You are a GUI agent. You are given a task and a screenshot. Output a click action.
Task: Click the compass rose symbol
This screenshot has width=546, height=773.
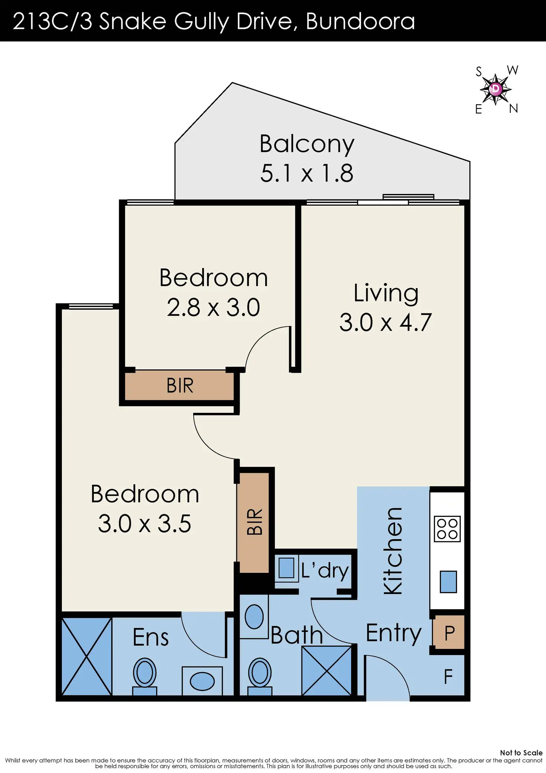pos(496,89)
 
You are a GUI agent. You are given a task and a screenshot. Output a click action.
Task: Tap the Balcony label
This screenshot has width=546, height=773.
pos(307,144)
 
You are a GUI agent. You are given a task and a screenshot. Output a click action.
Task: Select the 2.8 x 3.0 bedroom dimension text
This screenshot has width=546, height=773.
pos(213,307)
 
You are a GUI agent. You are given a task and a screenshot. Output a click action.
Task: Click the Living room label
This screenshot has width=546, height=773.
pos(386,293)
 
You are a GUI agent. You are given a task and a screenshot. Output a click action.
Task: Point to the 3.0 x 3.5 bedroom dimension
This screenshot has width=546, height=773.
pos(145,524)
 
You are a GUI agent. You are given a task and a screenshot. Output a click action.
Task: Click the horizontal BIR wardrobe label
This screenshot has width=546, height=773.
pos(180,385)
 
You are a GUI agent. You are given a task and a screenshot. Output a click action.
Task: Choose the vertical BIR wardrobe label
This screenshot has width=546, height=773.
pos(255,521)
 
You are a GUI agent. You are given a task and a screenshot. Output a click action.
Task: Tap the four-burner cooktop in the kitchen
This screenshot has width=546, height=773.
pos(447,529)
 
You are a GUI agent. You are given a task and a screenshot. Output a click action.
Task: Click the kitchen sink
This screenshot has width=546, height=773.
pos(448,582)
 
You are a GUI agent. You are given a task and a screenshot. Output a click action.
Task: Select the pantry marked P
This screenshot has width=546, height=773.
pos(449,633)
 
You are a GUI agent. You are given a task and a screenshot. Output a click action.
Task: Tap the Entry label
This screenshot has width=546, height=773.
pos(394,633)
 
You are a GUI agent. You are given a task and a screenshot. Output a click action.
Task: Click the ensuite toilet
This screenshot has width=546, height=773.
pos(145,676)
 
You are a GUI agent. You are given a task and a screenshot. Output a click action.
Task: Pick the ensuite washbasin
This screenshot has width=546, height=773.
pos(202,681)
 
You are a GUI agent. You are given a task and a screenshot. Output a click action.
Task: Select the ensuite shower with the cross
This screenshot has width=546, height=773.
pos(87,656)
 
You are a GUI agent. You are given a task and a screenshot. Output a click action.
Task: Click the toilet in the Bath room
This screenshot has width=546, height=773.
pos(260,676)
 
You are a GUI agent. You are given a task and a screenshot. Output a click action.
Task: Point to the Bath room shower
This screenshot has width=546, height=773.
pos(326,671)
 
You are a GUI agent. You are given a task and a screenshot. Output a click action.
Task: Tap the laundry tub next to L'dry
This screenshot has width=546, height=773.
pos(286,568)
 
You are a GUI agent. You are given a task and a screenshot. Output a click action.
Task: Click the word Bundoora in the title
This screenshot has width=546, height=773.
pos(360,21)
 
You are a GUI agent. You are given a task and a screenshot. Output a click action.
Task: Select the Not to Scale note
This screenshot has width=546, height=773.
pos(521,753)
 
